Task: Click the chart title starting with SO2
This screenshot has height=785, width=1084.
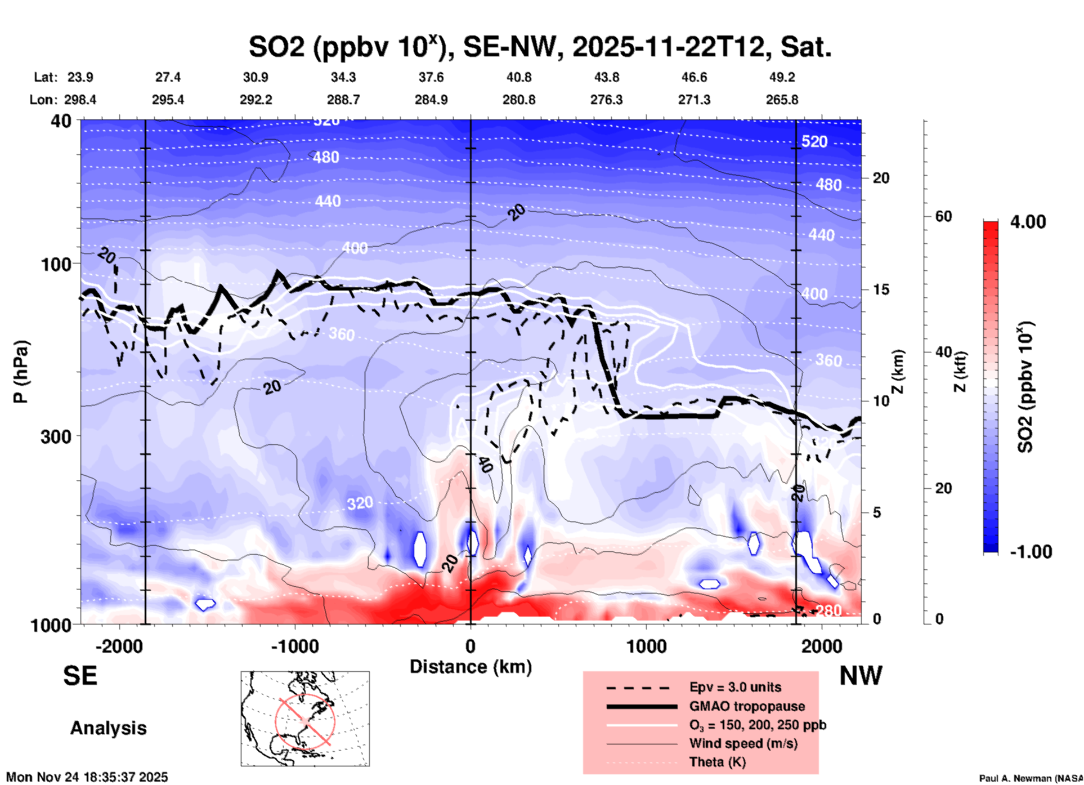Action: coord(540,47)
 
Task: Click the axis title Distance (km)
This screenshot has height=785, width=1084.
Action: coord(471,667)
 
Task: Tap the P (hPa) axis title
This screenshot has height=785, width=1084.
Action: coord(21,372)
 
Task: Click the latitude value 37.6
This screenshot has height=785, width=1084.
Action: coord(431,77)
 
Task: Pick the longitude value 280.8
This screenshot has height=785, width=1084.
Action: coord(519,100)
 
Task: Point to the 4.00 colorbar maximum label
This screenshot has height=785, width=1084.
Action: coord(1028,222)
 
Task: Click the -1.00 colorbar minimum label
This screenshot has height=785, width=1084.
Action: coord(1031,552)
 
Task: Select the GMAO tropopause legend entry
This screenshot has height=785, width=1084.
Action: coord(747,706)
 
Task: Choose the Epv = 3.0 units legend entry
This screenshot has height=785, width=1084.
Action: coord(735,687)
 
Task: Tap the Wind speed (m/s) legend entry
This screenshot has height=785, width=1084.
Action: coord(743,743)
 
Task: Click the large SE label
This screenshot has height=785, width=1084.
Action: coord(80,676)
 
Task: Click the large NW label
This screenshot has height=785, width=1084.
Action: coord(861,676)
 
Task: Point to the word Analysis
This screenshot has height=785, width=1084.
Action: coord(108,728)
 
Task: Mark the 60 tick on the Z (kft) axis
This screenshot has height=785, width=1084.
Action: coord(943,216)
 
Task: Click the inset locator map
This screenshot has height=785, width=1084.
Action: coord(305,719)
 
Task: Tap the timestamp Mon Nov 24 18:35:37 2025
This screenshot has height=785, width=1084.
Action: coord(87,777)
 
